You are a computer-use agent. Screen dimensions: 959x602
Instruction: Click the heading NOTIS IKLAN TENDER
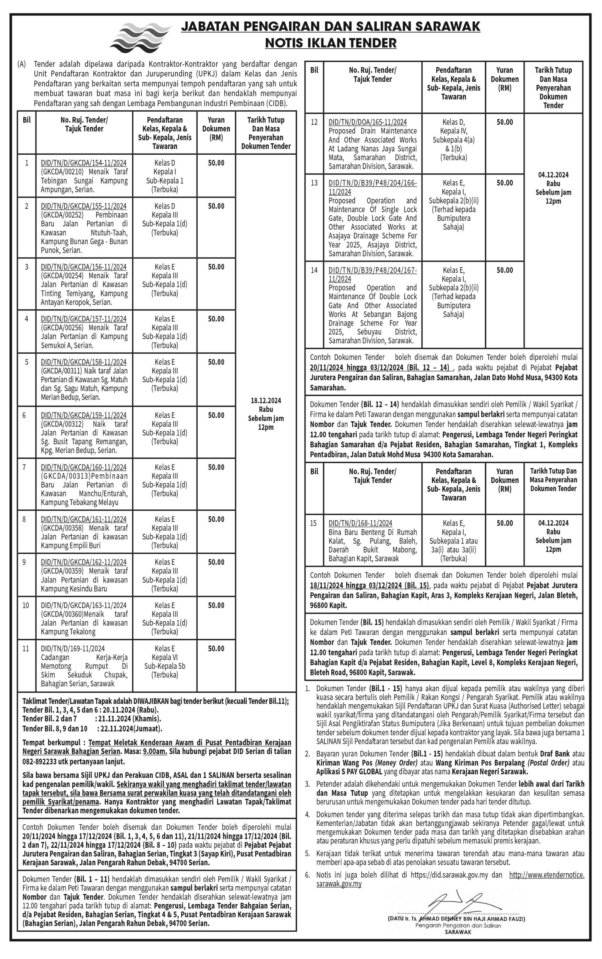331,43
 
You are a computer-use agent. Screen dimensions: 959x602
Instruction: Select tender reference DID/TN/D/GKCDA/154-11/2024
84,163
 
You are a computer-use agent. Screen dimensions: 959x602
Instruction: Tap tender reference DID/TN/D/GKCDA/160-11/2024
84,467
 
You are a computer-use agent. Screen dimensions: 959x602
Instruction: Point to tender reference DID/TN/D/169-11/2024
73,648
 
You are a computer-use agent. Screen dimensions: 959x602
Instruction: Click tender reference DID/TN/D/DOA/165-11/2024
367,122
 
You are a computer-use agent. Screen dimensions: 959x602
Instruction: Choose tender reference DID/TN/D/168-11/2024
360,523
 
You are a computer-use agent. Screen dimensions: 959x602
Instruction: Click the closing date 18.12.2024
265,401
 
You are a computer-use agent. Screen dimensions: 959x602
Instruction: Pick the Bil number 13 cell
314,183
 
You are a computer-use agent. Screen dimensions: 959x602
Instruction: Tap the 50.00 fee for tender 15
505,523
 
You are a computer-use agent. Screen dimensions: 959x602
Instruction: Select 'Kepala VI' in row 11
165,657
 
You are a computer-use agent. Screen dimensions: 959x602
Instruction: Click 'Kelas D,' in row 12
454,122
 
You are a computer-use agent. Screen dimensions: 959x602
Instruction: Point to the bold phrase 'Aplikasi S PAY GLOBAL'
349,772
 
